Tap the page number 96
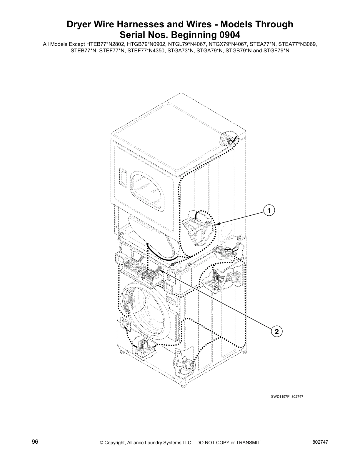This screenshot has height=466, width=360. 35,442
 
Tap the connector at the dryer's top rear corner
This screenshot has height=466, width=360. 228,138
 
